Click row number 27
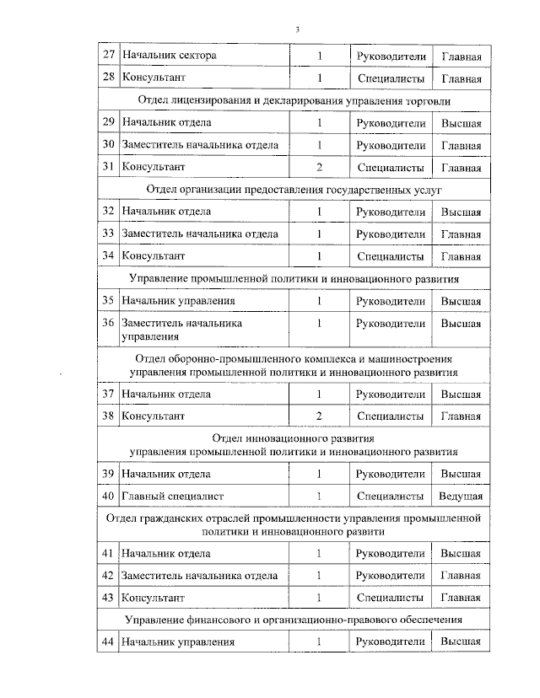pyautogui.click(x=107, y=56)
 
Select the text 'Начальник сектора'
pyautogui.click(x=169, y=56)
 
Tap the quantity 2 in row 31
pyautogui.click(x=320, y=168)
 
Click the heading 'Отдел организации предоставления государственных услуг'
pyautogui.click(x=294, y=190)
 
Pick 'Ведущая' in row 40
pyautogui.click(x=461, y=497)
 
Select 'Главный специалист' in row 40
pyautogui.click(x=173, y=497)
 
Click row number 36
pyautogui.click(x=107, y=323)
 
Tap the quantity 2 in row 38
pyautogui.click(x=320, y=416)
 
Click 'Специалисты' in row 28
pyautogui.click(x=390, y=79)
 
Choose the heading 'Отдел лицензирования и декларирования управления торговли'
pyautogui.click(x=294, y=101)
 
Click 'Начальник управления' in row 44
pyautogui.click(x=177, y=642)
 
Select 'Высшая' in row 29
pyautogui.click(x=461, y=123)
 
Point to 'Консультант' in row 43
pyautogui.click(x=154, y=598)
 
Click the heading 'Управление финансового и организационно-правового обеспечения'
pyautogui.click(x=294, y=620)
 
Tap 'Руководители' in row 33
pyautogui.click(x=390, y=234)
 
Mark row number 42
pyautogui.click(x=107, y=576)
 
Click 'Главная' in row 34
pyautogui.click(x=461, y=256)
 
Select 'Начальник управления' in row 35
pyautogui.click(x=178, y=301)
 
